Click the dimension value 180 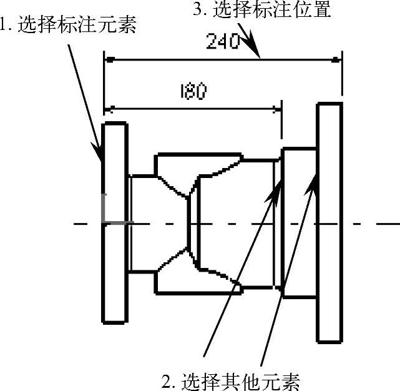click(192, 91)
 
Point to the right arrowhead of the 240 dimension click(336, 60)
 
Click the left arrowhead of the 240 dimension click(110, 60)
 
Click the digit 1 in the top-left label click(3, 27)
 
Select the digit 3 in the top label click(198, 9)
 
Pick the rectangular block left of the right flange click(299, 222)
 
